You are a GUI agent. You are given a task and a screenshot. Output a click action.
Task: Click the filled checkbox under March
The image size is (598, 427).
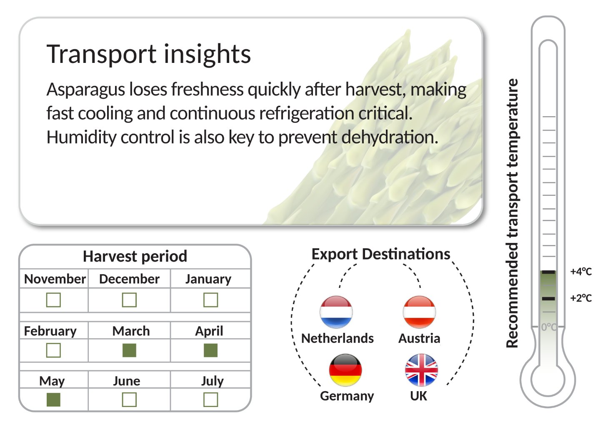pyautogui.click(x=129, y=350)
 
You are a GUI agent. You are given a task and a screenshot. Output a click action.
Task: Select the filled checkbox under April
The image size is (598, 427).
pyautogui.click(x=210, y=350)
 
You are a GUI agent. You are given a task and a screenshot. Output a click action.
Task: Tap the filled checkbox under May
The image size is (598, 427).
pyautogui.click(x=53, y=400)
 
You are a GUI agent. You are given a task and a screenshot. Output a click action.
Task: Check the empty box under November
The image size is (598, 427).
pyautogui.click(x=53, y=300)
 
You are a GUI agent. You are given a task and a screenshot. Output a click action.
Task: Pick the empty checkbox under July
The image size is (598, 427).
pyautogui.click(x=210, y=400)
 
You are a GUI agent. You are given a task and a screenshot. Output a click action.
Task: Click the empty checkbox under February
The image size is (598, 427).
pyautogui.click(x=53, y=350)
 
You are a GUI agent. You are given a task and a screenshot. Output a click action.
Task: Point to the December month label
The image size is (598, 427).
pyautogui.click(x=129, y=279)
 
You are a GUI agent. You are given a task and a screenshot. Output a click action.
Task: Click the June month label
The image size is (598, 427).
pyautogui.click(x=127, y=381)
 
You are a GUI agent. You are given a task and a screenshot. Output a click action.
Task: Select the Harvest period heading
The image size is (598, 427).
pyautogui.click(x=135, y=257)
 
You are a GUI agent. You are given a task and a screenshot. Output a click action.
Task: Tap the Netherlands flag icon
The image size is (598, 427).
pyautogui.click(x=336, y=312)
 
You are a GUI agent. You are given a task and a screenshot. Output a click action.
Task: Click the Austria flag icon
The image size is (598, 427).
pyautogui.click(x=419, y=312)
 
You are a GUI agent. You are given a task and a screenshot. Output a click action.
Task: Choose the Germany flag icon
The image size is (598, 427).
pyautogui.click(x=345, y=370)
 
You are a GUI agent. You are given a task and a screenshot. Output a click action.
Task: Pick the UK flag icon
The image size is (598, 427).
pyautogui.click(x=422, y=370)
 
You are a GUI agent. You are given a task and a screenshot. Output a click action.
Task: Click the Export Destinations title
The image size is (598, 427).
pyautogui.click(x=381, y=254)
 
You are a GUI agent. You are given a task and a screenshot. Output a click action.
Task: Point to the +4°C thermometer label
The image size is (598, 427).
pyautogui.click(x=581, y=272)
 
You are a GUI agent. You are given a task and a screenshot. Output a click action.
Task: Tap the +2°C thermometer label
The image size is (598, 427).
pyautogui.click(x=581, y=298)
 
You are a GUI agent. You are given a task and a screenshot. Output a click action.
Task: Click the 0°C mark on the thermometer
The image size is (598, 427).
pyautogui.click(x=549, y=327)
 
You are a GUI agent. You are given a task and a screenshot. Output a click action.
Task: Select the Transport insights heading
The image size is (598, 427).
pyautogui.click(x=149, y=55)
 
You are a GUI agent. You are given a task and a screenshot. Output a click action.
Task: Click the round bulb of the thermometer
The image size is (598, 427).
pyautogui.click(x=548, y=380)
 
